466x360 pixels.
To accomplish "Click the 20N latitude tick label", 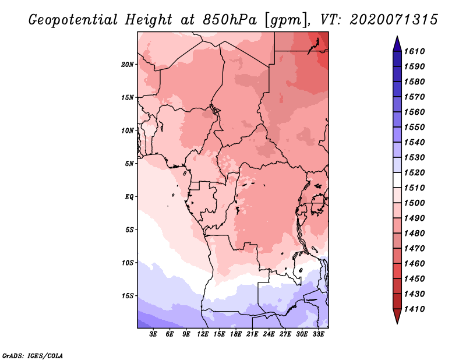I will coord(128,64).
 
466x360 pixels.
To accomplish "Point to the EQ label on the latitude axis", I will coord(129,196).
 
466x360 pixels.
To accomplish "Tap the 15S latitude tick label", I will coord(128,295).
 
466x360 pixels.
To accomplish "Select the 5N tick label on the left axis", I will coord(129,163).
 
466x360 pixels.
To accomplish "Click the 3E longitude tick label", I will coord(154,334).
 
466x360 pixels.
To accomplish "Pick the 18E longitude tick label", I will coord(236,334).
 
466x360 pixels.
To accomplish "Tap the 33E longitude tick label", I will coord(318,334).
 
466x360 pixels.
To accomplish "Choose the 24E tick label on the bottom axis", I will coord(269,334).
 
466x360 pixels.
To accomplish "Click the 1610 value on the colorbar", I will coord(416,51).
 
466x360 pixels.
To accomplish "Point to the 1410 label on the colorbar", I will coord(416,309).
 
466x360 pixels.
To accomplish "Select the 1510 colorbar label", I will coord(416,188).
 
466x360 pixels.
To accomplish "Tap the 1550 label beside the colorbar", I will coord(416,127).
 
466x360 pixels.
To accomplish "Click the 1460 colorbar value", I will coord(416,263).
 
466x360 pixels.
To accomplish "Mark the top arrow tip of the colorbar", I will coord(397,38).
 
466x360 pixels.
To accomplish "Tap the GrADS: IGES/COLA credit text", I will coord(33,355).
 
